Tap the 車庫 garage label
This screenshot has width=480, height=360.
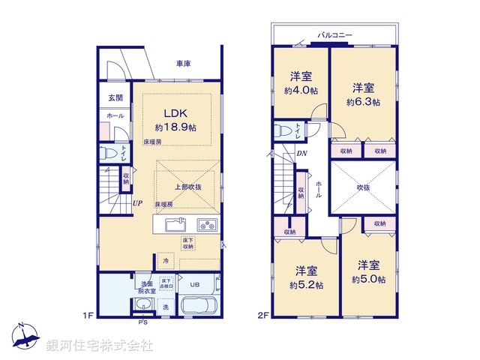point(183,64)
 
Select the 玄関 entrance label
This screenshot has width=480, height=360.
point(115,97)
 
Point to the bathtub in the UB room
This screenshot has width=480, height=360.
point(196,307)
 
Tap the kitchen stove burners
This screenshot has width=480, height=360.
point(206,224)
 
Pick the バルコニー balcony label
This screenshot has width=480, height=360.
point(336,35)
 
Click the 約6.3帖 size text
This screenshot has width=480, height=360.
point(363,102)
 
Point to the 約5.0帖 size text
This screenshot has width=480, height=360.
point(368,280)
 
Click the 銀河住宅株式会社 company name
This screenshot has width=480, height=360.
point(100,346)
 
